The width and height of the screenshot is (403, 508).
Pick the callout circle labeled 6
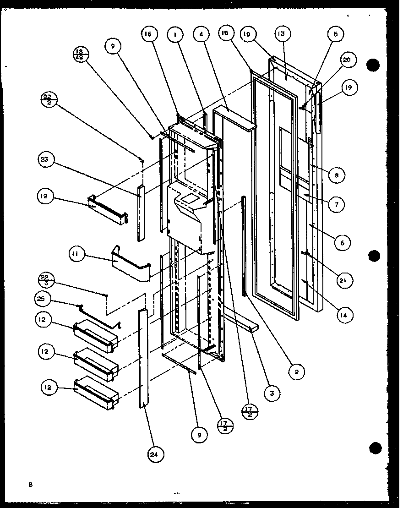[x=342, y=242]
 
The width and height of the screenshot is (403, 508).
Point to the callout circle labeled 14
[x=343, y=315]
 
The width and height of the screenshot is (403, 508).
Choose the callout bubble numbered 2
[x=296, y=372]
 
